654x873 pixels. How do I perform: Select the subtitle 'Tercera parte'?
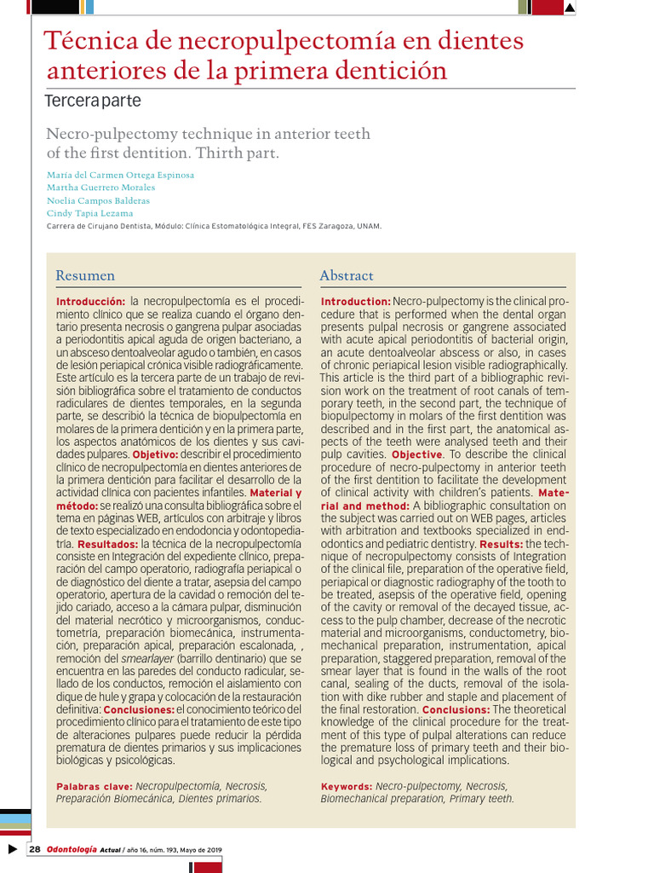[x=92, y=101]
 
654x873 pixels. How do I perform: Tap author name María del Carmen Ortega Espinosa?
[x=119, y=175]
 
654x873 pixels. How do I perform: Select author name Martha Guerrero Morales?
[x=100, y=188]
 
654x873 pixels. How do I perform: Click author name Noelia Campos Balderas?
[x=98, y=200]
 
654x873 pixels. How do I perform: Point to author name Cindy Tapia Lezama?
[x=89, y=213]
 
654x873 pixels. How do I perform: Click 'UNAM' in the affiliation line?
[x=370, y=226]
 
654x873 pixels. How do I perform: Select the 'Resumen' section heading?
[x=84, y=275]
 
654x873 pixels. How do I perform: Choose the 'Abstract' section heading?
[x=346, y=275]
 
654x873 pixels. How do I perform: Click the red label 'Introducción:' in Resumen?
[x=90, y=303]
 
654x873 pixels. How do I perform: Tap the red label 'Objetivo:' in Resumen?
[x=155, y=454]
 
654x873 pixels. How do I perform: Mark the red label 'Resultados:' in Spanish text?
[x=107, y=543]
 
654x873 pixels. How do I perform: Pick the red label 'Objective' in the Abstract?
[x=416, y=455]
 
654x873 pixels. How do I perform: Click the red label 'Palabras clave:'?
[x=94, y=786]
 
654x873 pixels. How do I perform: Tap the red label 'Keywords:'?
[x=346, y=786]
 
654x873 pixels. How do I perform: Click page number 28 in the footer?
[x=35, y=849]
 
